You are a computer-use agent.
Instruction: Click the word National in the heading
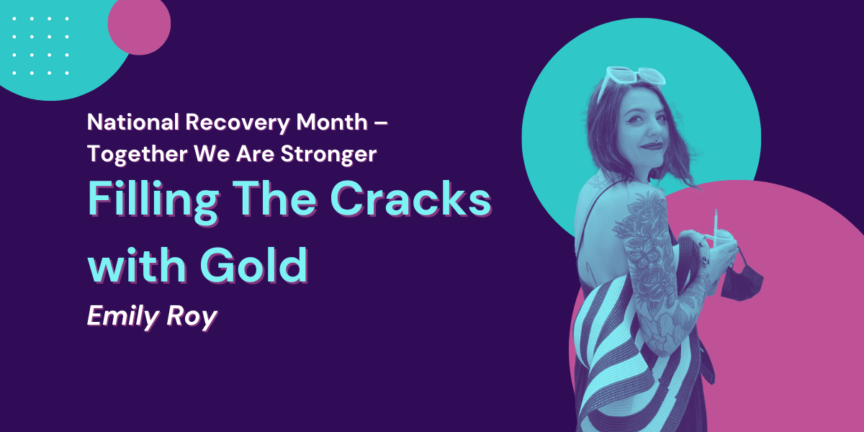tap(133, 122)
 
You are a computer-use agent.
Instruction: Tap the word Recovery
tap(237, 123)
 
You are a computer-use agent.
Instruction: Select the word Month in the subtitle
tap(332, 122)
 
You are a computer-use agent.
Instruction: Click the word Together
tap(138, 154)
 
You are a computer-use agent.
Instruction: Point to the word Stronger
tap(328, 154)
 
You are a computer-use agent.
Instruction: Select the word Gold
tap(253, 265)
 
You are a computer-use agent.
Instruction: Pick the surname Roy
tap(192, 317)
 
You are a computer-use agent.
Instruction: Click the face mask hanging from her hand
tap(741, 281)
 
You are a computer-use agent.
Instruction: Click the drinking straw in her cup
tap(716, 228)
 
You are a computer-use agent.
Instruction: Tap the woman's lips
tap(651, 145)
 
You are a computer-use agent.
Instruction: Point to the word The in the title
tap(274, 198)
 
